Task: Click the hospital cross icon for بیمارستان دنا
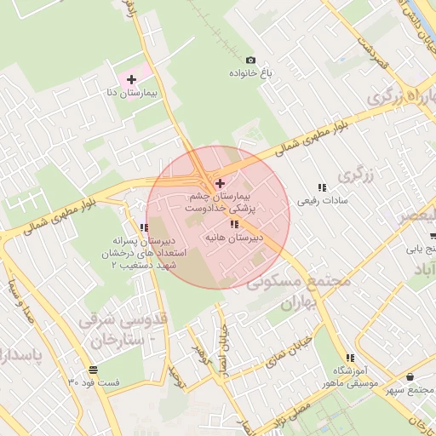tap(131, 78)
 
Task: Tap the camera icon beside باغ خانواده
tap(250, 60)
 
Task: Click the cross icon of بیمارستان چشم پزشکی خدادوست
tap(221, 183)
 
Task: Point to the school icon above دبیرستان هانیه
tap(234, 224)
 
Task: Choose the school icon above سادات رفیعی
tap(322, 187)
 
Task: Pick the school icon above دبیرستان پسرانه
tap(144, 227)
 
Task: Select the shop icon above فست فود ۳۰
tap(92, 370)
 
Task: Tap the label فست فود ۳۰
tap(94, 383)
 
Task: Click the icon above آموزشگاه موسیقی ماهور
tap(349, 359)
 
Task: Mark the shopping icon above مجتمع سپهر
tap(410, 376)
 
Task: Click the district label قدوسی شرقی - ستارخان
tap(119, 331)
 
